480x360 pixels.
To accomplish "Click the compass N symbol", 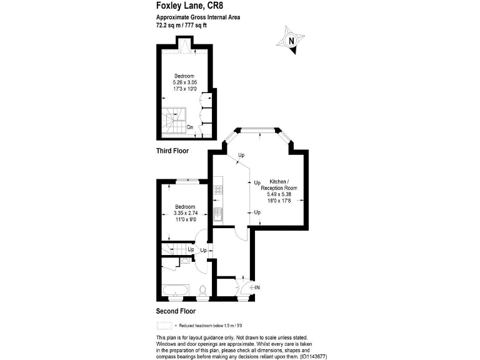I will pos(291,42).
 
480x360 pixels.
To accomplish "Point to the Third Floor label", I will pos(172,151).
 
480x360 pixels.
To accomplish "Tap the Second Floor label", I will pos(175,311).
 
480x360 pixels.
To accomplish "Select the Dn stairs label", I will pos(189,127).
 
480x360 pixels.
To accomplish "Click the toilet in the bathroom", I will pos(203,290).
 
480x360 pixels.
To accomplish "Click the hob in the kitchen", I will pos(218,188).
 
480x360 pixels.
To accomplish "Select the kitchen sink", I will pos(218,215).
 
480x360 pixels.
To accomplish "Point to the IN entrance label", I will pos(257,287).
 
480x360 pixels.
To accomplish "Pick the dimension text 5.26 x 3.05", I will pos(185,82).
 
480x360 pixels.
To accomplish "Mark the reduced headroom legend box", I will pos(164,326).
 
